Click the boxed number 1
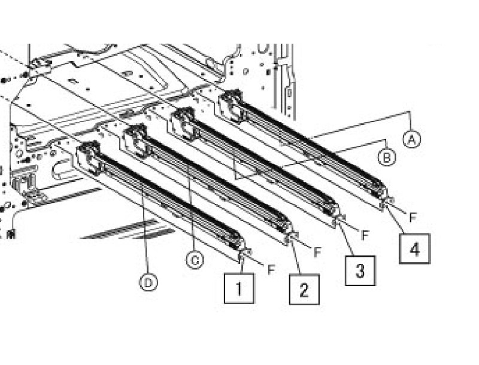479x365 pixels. (x=239, y=288)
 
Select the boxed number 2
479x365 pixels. (x=304, y=290)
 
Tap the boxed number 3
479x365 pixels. (x=360, y=270)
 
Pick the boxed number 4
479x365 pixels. (x=415, y=249)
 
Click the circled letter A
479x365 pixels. (x=411, y=139)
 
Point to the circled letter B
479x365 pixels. (x=386, y=157)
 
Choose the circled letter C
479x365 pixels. (x=195, y=260)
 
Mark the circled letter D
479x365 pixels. (x=148, y=282)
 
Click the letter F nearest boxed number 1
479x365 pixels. (x=271, y=269)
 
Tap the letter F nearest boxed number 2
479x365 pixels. (x=317, y=252)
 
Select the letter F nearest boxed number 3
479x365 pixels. (x=365, y=235)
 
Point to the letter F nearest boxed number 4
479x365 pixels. (x=413, y=217)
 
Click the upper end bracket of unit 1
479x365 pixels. (x=89, y=157)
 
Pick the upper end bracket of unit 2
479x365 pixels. (x=136, y=141)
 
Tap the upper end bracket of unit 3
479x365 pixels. (x=183, y=123)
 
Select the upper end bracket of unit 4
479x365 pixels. (x=232, y=106)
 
